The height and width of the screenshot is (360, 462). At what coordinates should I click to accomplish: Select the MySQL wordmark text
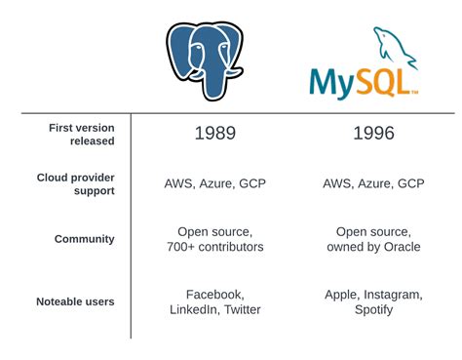362,81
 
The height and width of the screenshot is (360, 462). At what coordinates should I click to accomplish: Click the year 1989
215,134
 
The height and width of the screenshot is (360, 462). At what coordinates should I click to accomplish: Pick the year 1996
372,134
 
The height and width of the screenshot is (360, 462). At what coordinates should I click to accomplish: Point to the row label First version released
82,134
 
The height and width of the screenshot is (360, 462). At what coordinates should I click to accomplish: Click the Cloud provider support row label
76,184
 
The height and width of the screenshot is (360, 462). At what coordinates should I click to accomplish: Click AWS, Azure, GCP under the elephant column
215,183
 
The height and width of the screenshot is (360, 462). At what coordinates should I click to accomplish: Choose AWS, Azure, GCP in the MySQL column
372,183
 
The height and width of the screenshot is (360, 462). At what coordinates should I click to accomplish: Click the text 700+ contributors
215,248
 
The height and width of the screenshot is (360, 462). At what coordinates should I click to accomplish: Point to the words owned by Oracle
373,248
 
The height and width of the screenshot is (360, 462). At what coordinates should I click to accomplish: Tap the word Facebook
215,293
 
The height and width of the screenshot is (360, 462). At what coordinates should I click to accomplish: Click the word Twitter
243,310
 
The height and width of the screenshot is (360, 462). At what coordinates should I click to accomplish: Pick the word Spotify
373,310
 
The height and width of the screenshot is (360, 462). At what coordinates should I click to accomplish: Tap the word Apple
341,293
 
